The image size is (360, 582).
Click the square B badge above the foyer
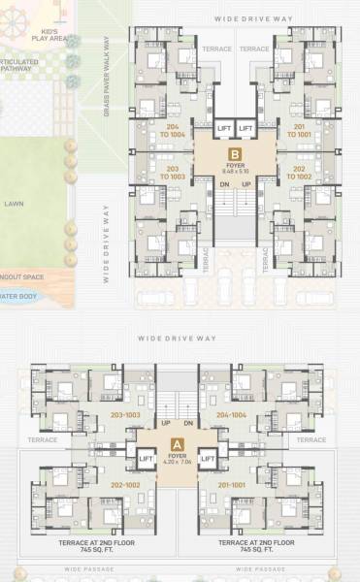coord(235,153)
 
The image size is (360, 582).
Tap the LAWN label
coord(14,205)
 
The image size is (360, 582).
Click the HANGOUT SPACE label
coord(16,275)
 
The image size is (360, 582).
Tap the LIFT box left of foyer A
coord(147,458)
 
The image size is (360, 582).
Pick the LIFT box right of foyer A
coord(205,458)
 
